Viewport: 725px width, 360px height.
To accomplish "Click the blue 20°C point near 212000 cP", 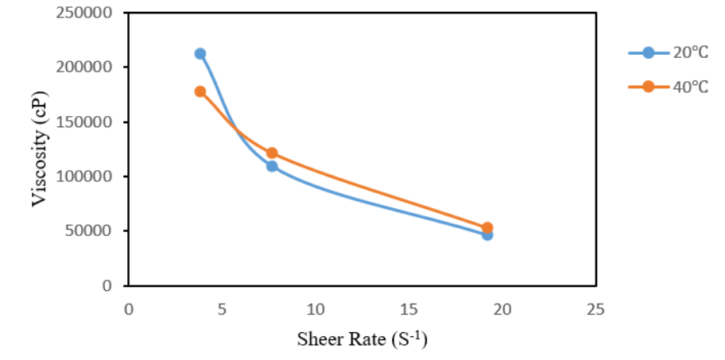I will tap(200, 54).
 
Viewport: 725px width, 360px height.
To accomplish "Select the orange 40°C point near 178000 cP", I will tap(200, 91).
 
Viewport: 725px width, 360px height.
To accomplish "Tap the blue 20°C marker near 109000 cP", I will tap(272, 166).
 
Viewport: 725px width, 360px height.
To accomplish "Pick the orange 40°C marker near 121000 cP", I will tap(272, 153).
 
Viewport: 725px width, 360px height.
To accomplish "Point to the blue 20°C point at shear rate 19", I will tap(487, 234).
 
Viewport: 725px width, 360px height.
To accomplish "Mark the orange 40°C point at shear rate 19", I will tap(487, 228).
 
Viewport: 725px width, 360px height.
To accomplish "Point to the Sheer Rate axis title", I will tap(362, 339).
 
